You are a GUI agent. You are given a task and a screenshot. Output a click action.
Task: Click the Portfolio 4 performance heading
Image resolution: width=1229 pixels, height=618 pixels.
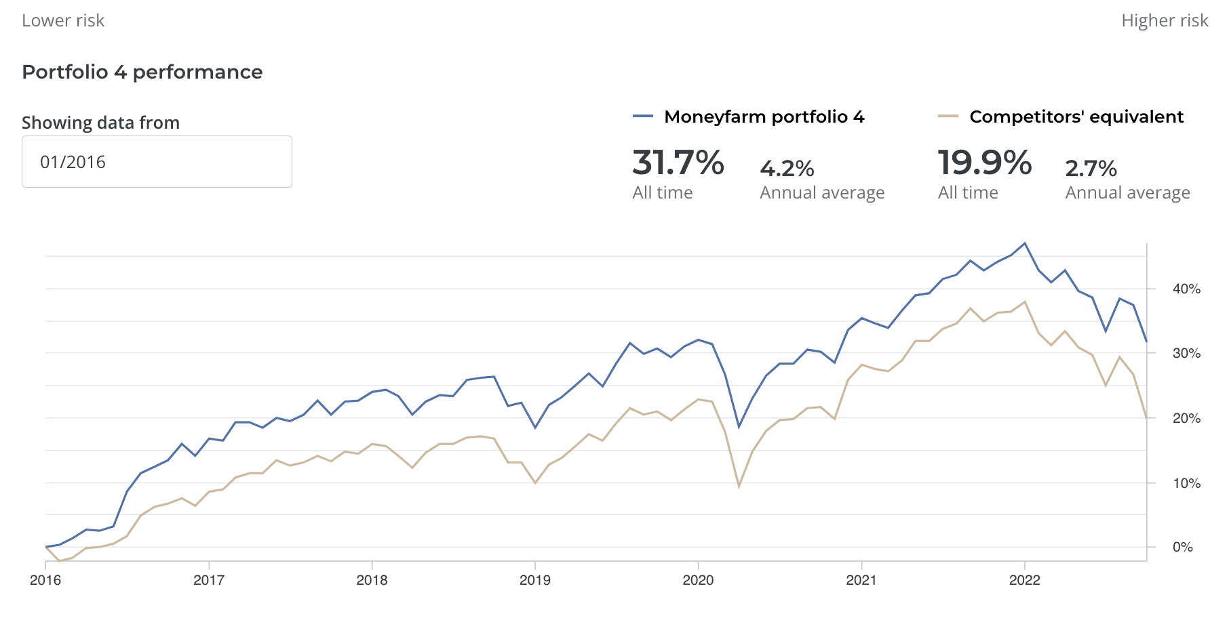coord(142,72)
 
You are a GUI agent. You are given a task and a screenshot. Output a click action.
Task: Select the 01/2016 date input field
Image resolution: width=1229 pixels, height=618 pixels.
coord(157,162)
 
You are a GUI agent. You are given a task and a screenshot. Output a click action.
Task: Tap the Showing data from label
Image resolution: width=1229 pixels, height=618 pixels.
coord(100,123)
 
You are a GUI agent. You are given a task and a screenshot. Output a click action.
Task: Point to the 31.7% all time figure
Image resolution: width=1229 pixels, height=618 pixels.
coord(678,163)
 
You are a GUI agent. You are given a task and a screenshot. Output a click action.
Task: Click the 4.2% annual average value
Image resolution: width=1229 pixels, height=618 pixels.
coord(787,168)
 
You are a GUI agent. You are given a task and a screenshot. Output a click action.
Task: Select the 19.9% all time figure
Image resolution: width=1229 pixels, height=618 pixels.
coord(984,163)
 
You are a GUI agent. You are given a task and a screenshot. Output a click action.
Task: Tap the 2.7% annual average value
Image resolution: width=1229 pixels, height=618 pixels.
coord(1091,168)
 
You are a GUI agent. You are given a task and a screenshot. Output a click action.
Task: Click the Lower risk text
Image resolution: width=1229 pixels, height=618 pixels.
coord(63,20)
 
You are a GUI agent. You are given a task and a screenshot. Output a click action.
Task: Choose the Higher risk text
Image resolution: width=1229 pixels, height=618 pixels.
coord(1165,20)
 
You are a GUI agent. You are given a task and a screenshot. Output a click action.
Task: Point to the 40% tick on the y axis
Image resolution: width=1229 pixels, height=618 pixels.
coord(1186,289)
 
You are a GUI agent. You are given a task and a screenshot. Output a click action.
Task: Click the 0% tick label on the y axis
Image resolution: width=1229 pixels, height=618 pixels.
coord(1182,547)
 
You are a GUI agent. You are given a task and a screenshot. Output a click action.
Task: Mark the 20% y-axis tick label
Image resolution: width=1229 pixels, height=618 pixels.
coord(1186,418)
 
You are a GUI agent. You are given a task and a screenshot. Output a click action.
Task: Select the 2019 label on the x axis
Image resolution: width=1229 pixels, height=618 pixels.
coord(535,580)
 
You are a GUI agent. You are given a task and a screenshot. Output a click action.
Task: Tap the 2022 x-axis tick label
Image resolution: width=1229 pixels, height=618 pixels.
coord(1024,580)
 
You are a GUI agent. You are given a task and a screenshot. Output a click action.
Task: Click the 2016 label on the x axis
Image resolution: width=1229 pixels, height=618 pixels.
coord(45,580)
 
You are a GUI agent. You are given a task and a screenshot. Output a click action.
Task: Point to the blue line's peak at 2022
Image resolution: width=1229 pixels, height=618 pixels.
coord(1025,243)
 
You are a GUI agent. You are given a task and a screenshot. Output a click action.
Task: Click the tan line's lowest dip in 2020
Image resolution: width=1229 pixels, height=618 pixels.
coord(739,487)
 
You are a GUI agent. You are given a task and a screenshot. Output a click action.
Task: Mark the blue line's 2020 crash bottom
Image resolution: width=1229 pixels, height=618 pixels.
coord(739,427)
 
